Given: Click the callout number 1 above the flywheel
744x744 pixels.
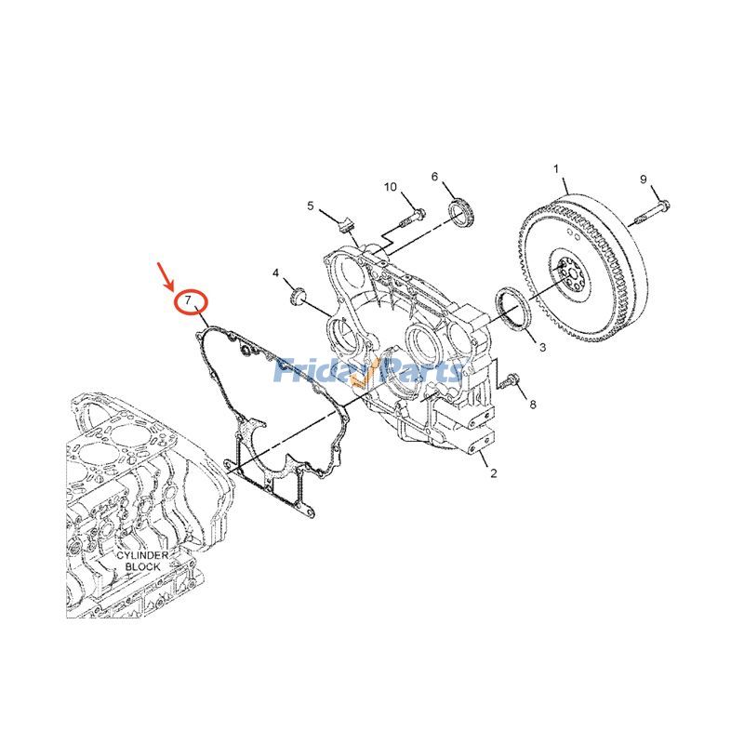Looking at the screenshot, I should click(556, 169).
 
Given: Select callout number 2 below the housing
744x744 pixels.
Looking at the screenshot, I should click(494, 474).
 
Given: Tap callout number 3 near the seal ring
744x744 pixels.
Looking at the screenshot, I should click(542, 347).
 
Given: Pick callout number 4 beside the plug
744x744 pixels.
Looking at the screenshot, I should click(275, 272).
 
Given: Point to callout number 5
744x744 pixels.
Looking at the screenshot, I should click(312, 206).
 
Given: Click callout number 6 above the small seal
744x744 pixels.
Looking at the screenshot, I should click(434, 177).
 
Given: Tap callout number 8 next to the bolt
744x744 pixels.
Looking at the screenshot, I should click(533, 405).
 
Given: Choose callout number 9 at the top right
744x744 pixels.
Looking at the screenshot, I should click(642, 179).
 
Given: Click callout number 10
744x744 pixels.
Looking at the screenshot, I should click(391, 187).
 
